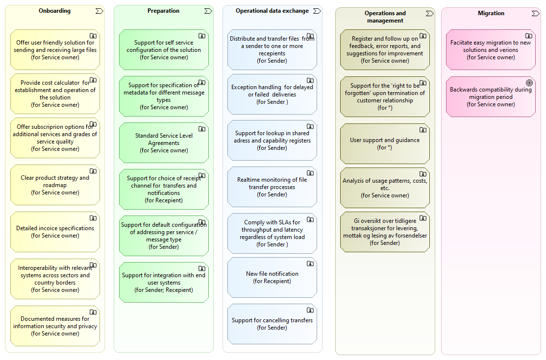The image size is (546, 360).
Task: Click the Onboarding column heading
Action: pos(55,11)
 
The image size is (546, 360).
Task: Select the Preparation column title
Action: pos(163,11)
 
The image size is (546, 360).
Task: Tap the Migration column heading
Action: pos(491,13)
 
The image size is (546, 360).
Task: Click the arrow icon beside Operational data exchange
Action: pos(317,11)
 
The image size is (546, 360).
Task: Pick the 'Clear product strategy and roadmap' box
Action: pos(55,185)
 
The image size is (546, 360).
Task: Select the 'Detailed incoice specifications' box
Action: pos(55,232)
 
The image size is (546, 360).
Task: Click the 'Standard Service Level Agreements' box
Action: pos(164,143)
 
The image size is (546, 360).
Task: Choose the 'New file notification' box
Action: pos(272,277)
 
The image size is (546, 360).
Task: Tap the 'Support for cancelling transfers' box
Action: pos(272,324)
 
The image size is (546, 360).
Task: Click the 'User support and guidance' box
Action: pos(385,144)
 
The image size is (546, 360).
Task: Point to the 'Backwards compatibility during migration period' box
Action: pos(491,96)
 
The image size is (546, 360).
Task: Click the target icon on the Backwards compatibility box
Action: pos(529,83)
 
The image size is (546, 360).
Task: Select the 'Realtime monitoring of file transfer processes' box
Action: pos(272,187)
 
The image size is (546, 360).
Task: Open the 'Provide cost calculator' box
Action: pos(55,94)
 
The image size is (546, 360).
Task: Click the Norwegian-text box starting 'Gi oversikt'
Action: pos(385,232)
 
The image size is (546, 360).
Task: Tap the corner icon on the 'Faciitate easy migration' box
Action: pos(529,36)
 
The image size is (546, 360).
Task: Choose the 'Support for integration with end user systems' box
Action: pos(164,282)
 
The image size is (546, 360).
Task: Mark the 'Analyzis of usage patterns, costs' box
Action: pos(385,188)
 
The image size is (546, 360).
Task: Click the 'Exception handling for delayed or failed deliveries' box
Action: pos(272,94)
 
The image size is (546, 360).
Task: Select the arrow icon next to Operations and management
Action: pos(429,13)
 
